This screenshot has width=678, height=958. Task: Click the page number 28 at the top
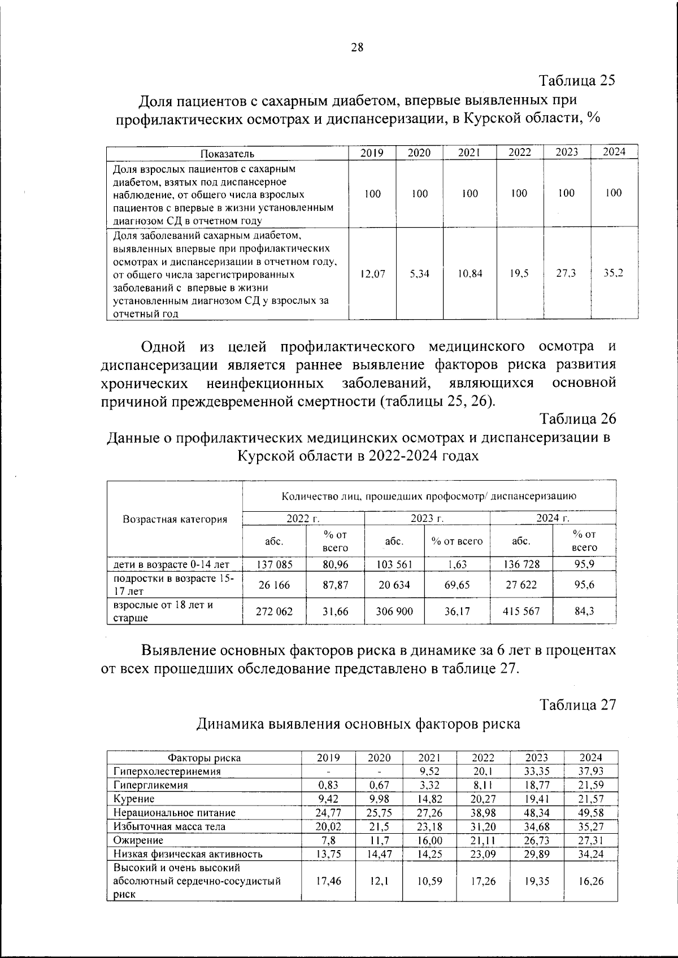point(357,47)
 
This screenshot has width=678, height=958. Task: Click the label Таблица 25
point(577,80)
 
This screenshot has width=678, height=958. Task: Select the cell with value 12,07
point(372,273)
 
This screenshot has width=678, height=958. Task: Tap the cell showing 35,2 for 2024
point(613,273)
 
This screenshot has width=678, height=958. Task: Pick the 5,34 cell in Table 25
point(419,273)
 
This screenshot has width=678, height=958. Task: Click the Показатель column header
point(227,153)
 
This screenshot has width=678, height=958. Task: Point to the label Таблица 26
point(577,419)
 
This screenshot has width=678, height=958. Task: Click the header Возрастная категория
point(175,519)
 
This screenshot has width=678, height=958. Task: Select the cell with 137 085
point(274,564)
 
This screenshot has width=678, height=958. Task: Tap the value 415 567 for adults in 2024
point(521,611)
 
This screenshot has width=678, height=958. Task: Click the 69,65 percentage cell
point(457,585)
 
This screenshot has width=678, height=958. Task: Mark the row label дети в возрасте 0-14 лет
point(171,564)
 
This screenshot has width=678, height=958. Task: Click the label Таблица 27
point(577,704)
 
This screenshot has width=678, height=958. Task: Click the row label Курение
point(134,799)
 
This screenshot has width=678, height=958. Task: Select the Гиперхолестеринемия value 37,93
point(591,771)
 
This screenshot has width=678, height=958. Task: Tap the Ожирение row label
point(138,840)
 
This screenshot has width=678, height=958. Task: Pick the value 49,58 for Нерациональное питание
point(591,812)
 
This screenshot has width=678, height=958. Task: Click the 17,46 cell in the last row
point(328,881)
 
